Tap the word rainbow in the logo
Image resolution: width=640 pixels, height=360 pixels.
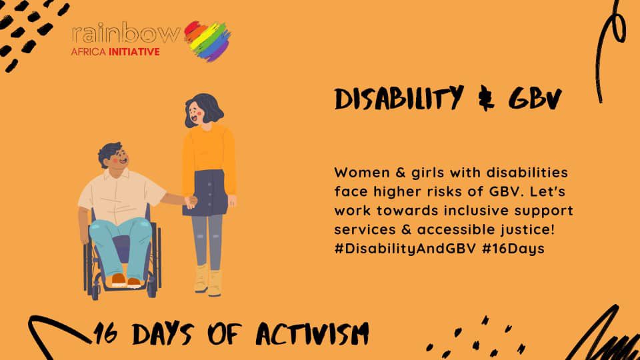125,34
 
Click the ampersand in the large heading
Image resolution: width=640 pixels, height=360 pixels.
481,99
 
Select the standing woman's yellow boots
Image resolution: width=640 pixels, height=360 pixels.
208,279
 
